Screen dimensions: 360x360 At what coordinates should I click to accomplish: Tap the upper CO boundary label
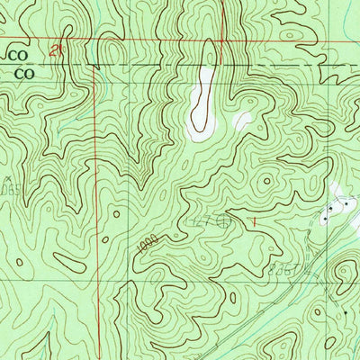point(14,54)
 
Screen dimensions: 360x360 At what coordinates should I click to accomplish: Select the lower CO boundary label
point(14,74)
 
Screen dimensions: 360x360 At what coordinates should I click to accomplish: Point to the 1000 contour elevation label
point(148,242)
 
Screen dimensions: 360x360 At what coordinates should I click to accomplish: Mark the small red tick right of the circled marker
point(254,218)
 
